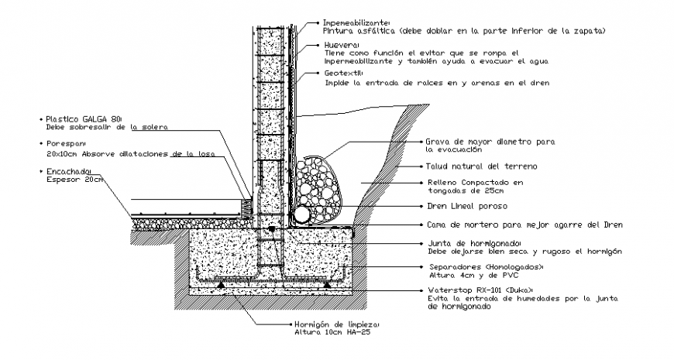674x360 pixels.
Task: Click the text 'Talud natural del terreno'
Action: (481, 166)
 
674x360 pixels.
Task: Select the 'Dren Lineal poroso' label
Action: (466, 206)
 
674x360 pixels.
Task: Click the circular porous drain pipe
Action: (301, 213)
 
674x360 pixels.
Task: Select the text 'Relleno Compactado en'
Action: (475, 183)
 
